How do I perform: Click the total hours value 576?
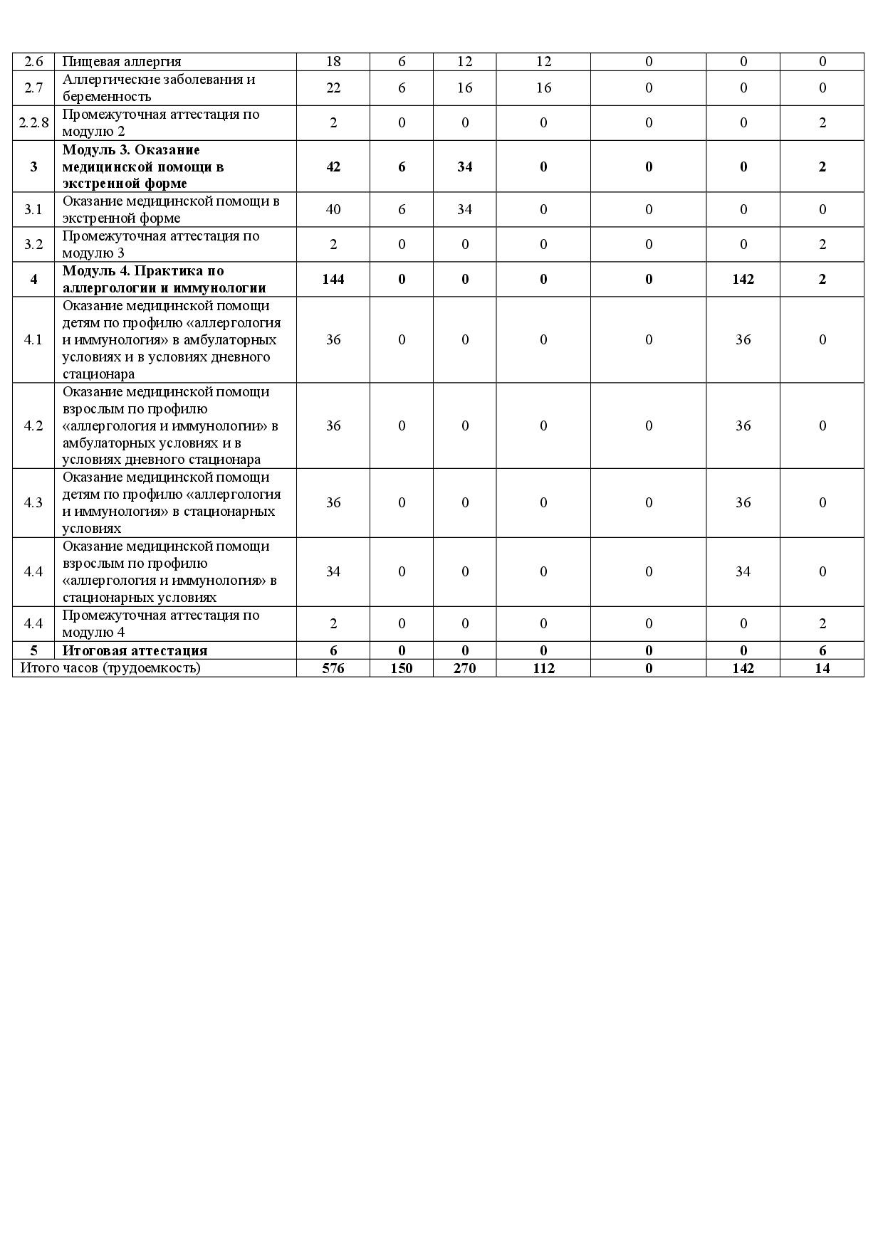click(333, 668)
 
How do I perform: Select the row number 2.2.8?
click(33, 122)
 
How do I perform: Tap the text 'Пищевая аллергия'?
click(122, 61)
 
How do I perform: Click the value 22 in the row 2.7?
click(333, 88)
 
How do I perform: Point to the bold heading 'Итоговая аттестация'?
click(135, 650)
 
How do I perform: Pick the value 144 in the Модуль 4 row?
click(333, 279)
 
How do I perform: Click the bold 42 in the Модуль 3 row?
click(333, 166)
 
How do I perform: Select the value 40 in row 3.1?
click(333, 209)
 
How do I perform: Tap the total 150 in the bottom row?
click(402, 668)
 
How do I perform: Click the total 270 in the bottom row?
click(464, 668)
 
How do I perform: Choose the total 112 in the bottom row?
click(543, 668)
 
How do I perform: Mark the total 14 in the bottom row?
click(822, 668)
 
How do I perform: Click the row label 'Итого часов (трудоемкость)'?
click(110, 667)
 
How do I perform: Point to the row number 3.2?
click(33, 244)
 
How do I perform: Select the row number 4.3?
click(33, 502)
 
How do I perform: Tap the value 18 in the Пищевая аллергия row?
click(333, 61)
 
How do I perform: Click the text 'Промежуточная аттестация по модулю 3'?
click(161, 244)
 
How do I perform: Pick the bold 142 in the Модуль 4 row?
click(743, 279)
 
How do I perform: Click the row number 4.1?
click(33, 339)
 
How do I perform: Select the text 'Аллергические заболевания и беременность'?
click(158, 88)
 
